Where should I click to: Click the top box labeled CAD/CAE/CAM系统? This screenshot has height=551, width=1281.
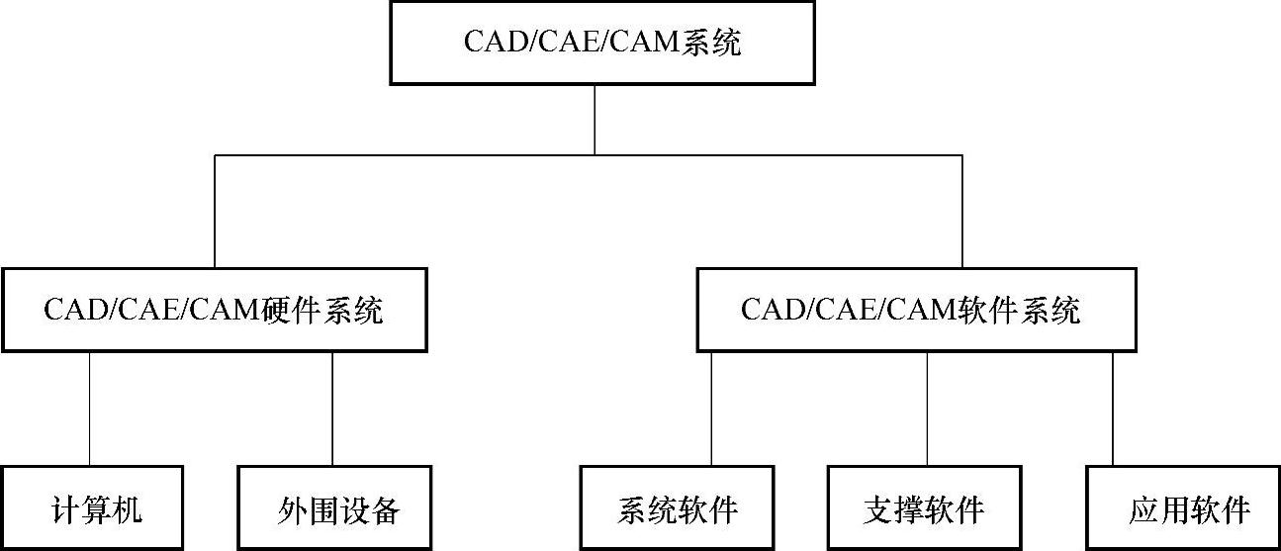point(601,43)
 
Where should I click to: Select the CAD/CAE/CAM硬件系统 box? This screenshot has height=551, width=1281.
point(214,310)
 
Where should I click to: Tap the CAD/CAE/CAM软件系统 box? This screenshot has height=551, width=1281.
point(916,310)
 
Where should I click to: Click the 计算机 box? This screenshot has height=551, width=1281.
point(92,509)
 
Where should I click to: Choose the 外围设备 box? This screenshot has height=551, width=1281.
point(336,509)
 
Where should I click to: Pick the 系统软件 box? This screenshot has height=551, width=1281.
point(679,509)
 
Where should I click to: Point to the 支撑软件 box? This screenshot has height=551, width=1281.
point(923,509)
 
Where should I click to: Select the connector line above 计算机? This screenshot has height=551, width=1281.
point(90,408)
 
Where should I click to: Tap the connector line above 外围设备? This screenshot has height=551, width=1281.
point(332,408)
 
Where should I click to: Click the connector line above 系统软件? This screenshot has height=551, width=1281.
point(711,408)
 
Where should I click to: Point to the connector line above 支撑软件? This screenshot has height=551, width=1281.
point(927,408)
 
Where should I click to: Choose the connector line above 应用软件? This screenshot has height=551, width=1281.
point(1113,408)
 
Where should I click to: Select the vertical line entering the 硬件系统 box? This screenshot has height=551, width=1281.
point(215,211)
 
